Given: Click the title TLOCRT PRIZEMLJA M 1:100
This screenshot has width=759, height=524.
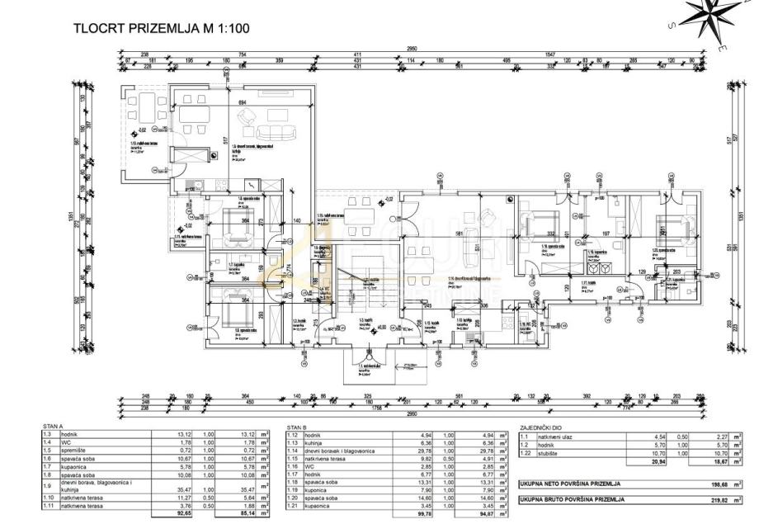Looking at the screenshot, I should [x=162, y=28].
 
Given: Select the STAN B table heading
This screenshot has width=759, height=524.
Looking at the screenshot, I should [x=297, y=427].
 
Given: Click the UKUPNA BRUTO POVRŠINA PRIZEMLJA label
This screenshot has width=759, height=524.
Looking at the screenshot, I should [x=572, y=499].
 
